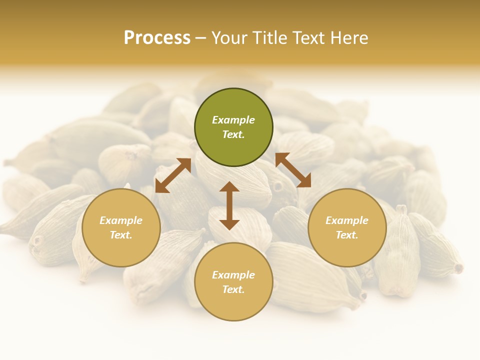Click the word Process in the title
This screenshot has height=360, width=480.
pos(157,38)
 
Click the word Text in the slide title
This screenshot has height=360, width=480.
pos(310,38)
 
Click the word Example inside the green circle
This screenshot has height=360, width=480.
pos(233,120)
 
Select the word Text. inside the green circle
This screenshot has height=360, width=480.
pos(233,135)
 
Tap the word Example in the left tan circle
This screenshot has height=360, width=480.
pos(121,220)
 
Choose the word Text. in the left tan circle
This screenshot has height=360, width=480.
pos(121,235)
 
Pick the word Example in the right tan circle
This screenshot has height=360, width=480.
pos(347,220)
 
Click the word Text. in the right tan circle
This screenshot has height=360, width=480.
pos(347,235)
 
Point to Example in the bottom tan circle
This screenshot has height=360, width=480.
pos(233,275)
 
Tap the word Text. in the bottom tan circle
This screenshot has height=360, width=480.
pos(233,290)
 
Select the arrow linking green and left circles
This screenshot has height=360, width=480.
pos(173,175)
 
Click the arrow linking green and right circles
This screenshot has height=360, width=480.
pos(293,170)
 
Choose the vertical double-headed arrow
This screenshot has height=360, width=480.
pos(229,205)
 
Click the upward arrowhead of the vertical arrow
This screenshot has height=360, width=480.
pos(229,187)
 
